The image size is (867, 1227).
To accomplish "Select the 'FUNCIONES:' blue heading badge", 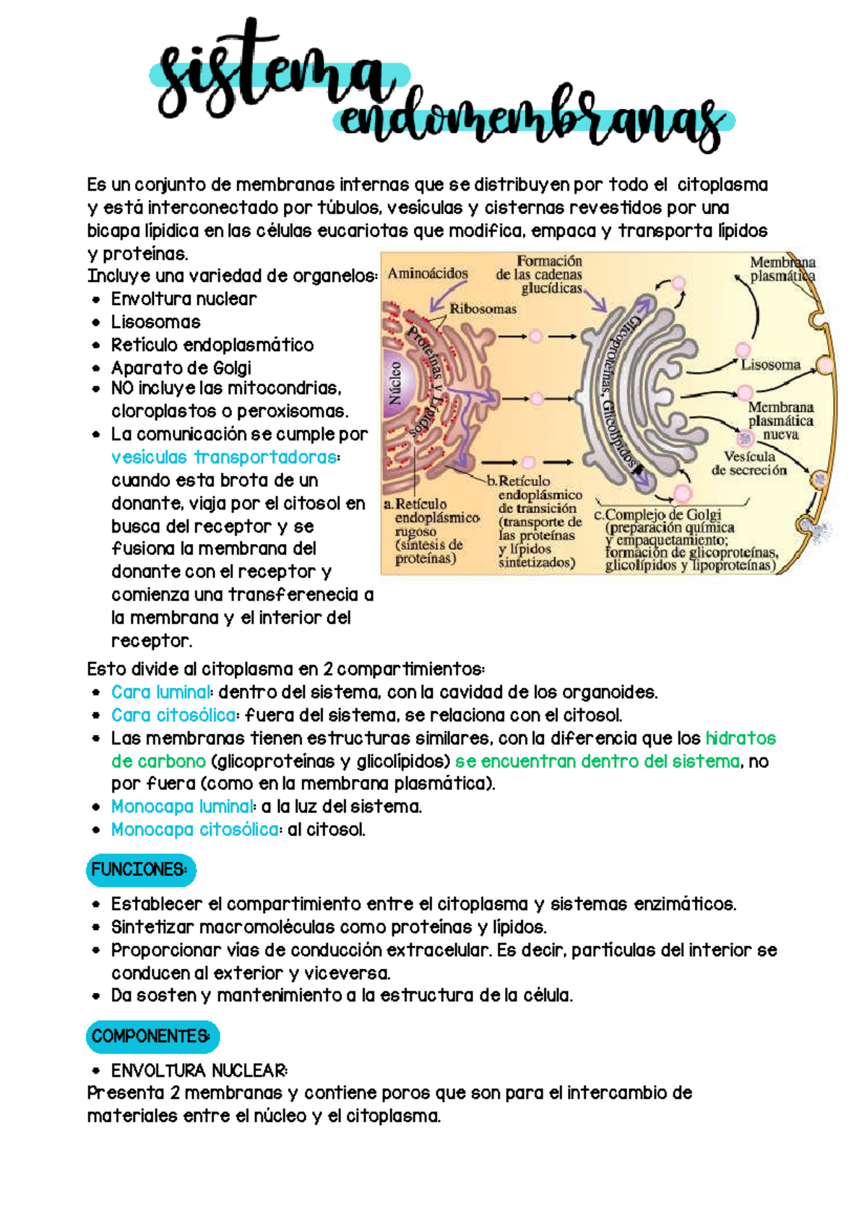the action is pos(140,869).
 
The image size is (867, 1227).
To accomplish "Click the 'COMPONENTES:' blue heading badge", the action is pos(152,1036).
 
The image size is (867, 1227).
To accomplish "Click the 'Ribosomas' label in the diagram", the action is pos(483,309).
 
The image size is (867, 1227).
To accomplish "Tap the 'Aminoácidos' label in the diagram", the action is pos(428,274).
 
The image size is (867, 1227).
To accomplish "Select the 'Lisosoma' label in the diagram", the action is pos(770,365).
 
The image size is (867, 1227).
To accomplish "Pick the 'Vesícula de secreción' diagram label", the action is pos(749,463).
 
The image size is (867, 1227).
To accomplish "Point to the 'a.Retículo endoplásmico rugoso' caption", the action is pos(431,530).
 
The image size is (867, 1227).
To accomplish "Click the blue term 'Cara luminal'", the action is pos(161,692).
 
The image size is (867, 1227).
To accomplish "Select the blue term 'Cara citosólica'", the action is pos(173,715).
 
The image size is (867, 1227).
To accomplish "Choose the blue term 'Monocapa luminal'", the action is pos(183,806).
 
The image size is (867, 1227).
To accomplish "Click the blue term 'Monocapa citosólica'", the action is pos(195,830).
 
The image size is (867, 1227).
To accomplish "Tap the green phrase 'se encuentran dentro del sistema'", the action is pos(598,761).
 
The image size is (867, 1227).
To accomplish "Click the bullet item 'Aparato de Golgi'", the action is pos(181,368).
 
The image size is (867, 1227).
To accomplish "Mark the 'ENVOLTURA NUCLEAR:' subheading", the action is pos(199,1070).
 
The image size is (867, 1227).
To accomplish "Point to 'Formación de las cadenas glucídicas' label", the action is pos(542,275).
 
